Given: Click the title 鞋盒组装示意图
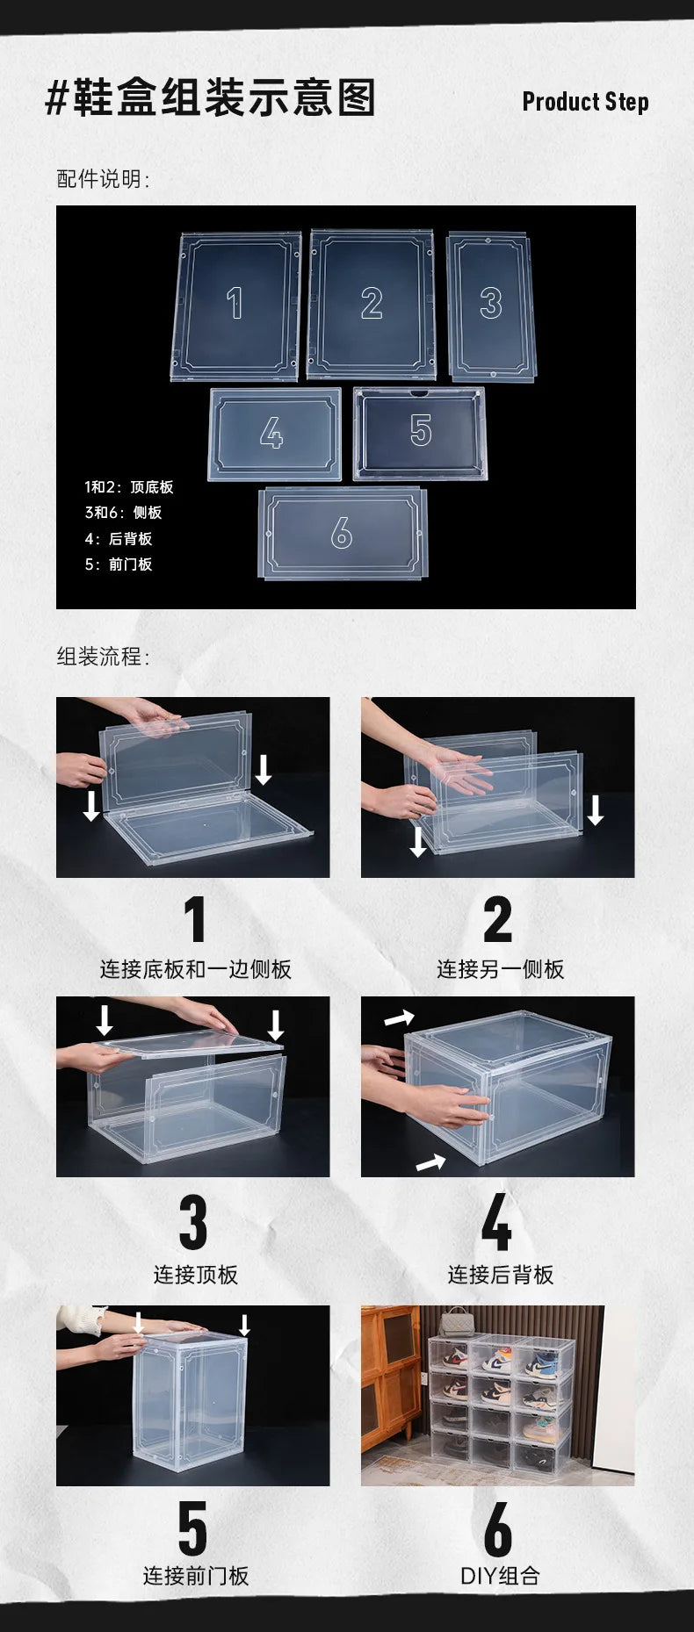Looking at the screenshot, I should [x=211, y=97].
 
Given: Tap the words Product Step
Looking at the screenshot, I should [x=585, y=102].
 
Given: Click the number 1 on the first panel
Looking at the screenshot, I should [x=235, y=304].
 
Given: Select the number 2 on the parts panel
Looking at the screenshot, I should [x=372, y=304].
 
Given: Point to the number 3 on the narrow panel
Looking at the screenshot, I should [x=490, y=304].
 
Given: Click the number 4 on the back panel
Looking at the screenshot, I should [x=271, y=433].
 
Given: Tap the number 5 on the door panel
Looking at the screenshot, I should [x=421, y=430].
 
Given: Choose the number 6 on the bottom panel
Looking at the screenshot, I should [x=341, y=533].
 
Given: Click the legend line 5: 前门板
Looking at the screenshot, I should [x=119, y=564].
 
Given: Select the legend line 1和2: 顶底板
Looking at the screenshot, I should [x=129, y=487].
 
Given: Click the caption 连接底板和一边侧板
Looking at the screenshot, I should [x=195, y=969].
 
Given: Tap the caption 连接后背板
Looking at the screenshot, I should [x=500, y=1275].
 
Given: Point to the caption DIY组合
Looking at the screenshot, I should [x=499, y=1576].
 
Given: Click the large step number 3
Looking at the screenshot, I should [x=193, y=1222].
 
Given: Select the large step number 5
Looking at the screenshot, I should [x=193, y=1528].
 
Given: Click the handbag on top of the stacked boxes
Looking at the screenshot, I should [x=455, y=1322].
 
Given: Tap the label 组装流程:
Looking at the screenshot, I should [x=104, y=657].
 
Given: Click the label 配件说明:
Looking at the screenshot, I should [x=104, y=179].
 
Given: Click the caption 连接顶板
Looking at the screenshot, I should [x=195, y=1275].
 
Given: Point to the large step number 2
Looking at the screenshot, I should [x=497, y=919].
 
